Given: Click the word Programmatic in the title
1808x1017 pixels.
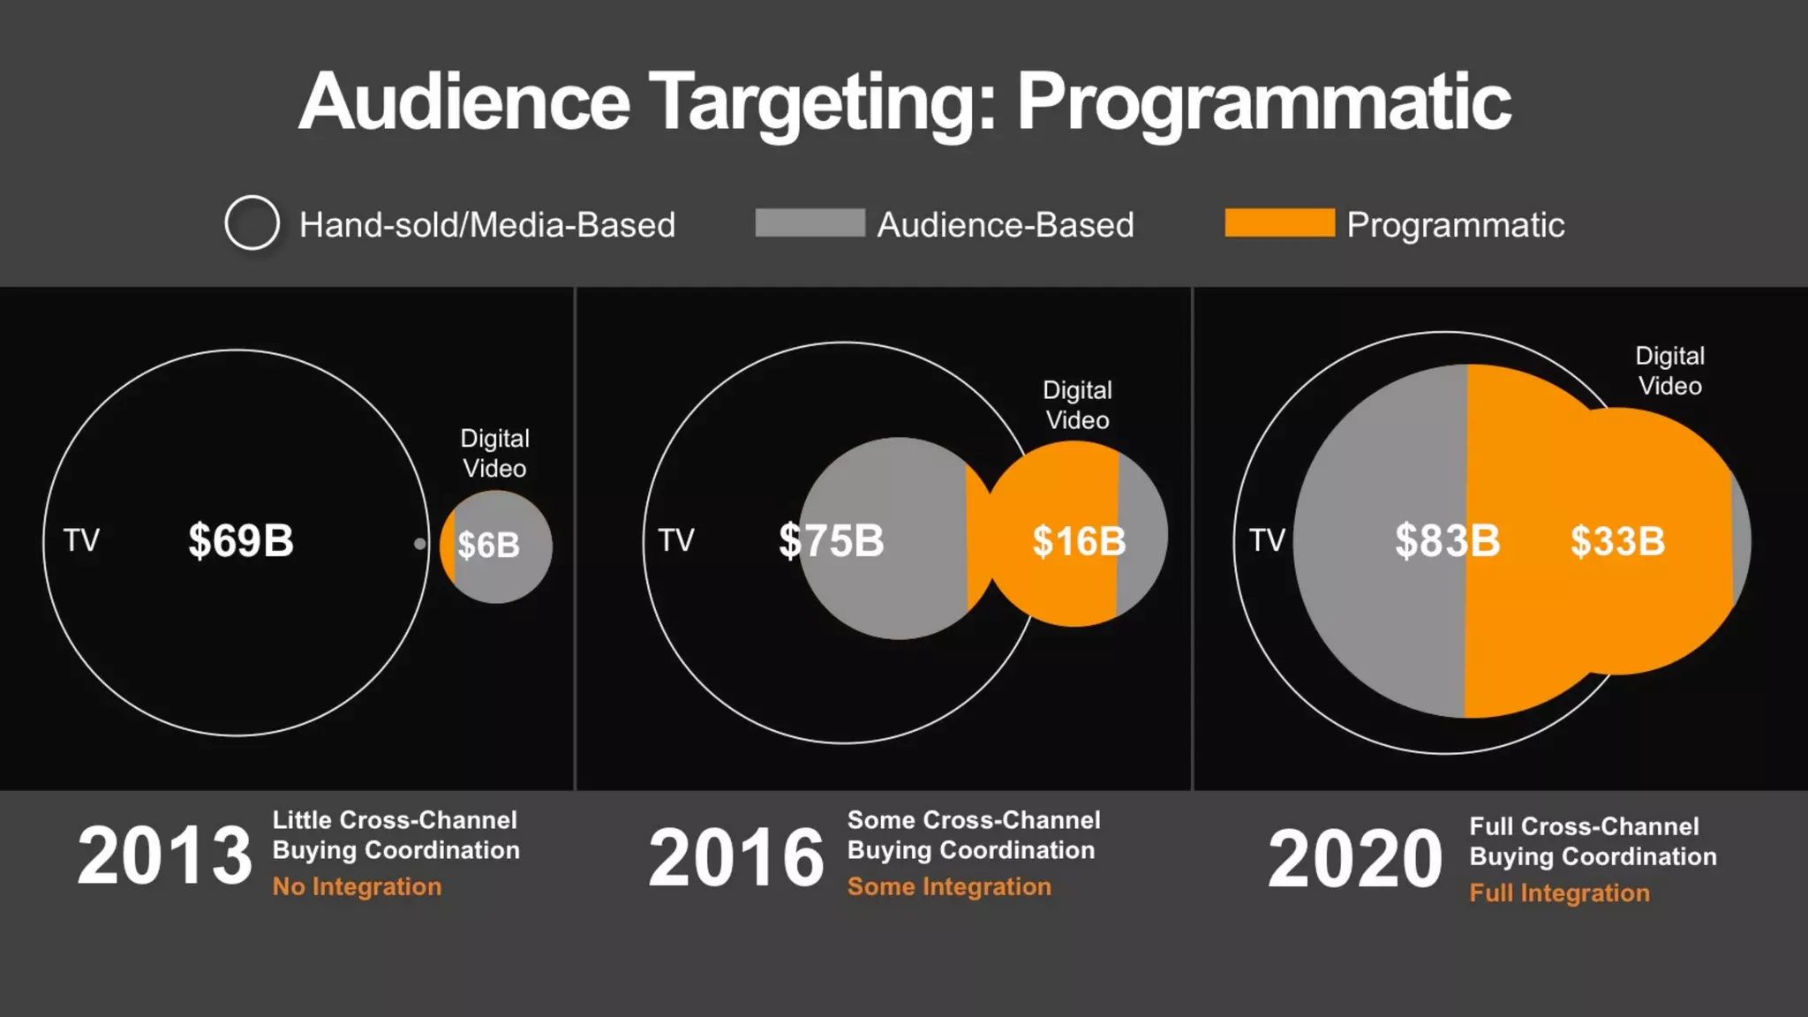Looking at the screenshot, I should tap(1263, 103).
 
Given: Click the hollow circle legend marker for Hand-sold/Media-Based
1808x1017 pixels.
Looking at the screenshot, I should tap(252, 222).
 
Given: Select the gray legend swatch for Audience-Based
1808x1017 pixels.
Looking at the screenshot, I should tap(810, 222).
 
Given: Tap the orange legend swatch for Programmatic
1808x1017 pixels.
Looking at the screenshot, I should tap(1279, 222).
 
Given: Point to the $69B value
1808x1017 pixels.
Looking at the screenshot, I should tap(240, 540).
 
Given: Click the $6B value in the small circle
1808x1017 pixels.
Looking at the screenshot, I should tap(488, 546).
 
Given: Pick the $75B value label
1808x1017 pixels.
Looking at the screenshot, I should tap(831, 540).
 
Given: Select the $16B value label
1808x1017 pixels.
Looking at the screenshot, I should tap(1078, 541).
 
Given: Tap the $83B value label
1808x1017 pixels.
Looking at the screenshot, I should tap(1447, 540).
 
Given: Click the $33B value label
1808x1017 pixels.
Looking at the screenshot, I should tap(1617, 541).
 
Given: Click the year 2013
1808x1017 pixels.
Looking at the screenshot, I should tap(165, 855).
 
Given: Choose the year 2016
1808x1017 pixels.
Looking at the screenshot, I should tap(736, 857).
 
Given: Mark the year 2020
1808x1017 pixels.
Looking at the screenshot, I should tap(1355, 859).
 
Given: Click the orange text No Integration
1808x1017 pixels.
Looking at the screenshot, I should tap(357, 886).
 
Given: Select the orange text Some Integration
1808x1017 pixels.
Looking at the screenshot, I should tap(949, 886).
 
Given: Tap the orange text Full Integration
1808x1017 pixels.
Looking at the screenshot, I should tap(1559, 893).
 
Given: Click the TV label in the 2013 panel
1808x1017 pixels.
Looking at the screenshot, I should tap(81, 540).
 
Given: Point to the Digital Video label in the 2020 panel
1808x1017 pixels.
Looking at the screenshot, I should tap(1669, 371).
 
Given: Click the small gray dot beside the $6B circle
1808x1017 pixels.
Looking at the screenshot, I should tap(420, 544).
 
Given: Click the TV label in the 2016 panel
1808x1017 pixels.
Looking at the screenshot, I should tap(676, 540).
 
